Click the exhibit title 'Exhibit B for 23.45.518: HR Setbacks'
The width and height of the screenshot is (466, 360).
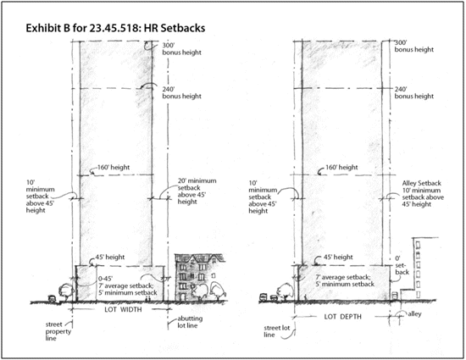point(115,28)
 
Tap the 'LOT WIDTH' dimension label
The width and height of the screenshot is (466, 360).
point(123,309)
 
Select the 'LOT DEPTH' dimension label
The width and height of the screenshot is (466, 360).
point(342,317)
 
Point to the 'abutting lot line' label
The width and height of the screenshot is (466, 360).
point(190,322)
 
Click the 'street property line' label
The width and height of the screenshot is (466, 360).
point(58,331)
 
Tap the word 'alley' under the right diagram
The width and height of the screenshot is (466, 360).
point(414,314)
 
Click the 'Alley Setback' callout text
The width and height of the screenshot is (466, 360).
point(421,183)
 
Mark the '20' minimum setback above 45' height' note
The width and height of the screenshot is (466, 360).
point(197,191)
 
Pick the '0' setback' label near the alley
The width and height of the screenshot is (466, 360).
point(402,265)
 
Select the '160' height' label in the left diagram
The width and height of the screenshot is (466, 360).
point(114,167)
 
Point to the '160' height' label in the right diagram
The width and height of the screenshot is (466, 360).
point(341,167)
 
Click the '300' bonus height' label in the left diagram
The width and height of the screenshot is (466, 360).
point(181,49)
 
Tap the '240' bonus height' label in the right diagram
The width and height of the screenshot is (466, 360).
point(414,92)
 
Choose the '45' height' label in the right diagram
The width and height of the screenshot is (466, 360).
point(338,257)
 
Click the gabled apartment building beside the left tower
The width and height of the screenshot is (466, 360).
point(199,277)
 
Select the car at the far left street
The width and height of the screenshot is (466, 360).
point(52,298)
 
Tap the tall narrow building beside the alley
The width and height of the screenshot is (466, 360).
point(419,269)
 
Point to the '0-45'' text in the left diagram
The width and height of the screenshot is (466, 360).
point(106,279)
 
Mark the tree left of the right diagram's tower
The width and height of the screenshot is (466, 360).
point(285,291)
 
